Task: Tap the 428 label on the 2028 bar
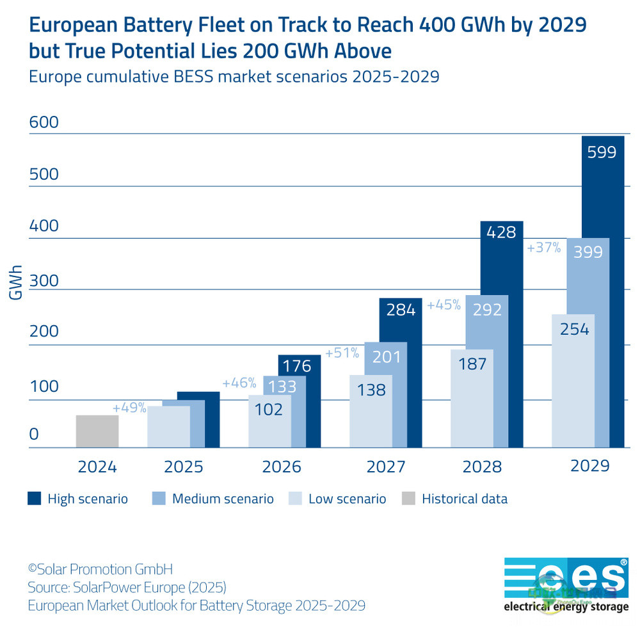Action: click(501, 232)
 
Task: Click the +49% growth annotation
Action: click(130, 408)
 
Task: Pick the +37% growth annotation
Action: click(543, 248)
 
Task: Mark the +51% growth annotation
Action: click(342, 353)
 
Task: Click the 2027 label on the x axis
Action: click(385, 467)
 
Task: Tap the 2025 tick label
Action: click(184, 467)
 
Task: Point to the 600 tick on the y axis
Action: click(44, 122)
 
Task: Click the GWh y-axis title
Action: click(16, 282)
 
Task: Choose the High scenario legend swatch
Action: click(34, 499)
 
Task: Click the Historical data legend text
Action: click(464, 499)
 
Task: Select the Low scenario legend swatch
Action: click(295, 499)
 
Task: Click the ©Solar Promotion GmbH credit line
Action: click(100, 568)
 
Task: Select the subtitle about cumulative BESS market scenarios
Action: click(234, 77)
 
